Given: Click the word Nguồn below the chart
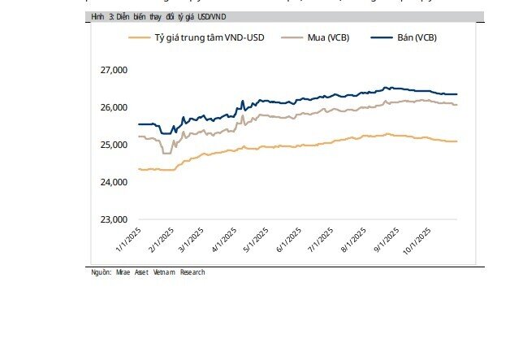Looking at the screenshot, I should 102,273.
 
